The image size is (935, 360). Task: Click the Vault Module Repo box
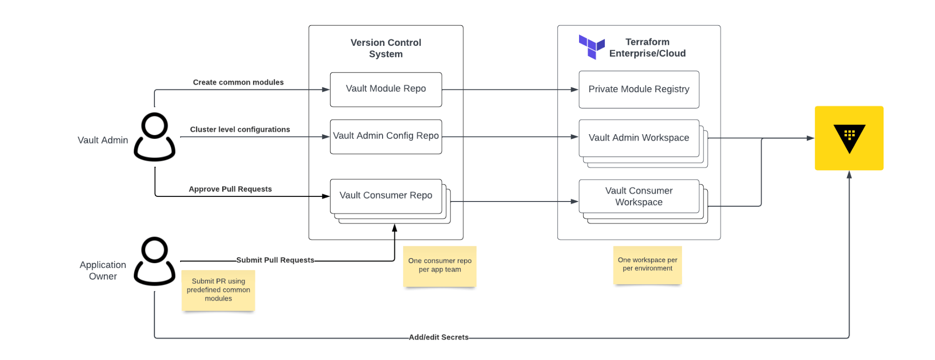point(386,89)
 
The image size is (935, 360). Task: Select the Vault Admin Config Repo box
point(386,137)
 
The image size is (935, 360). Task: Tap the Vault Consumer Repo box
point(386,196)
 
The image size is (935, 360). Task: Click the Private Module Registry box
point(639,89)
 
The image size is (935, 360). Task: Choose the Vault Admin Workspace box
point(639,138)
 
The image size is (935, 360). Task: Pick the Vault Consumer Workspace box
point(639,196)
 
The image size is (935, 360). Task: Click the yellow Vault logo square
point(849,138)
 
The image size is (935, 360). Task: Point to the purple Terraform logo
point(592,47)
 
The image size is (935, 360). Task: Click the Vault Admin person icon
point(154,137)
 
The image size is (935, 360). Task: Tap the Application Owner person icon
point(154,261)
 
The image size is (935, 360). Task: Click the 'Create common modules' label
point(238,82)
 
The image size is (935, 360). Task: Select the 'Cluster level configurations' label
point(240,130)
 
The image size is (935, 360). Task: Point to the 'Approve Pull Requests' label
point(230,189)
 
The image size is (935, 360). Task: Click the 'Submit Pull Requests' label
point(275,260)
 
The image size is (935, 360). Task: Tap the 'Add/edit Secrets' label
point(439,337)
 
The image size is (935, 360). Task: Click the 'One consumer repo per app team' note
point(440,266)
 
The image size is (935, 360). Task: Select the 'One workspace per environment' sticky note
point(647,265)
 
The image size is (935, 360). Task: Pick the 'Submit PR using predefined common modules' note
point(218,290)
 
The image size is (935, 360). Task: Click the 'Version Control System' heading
point(386,48)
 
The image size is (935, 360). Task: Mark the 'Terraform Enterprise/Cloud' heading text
point(647,48)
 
